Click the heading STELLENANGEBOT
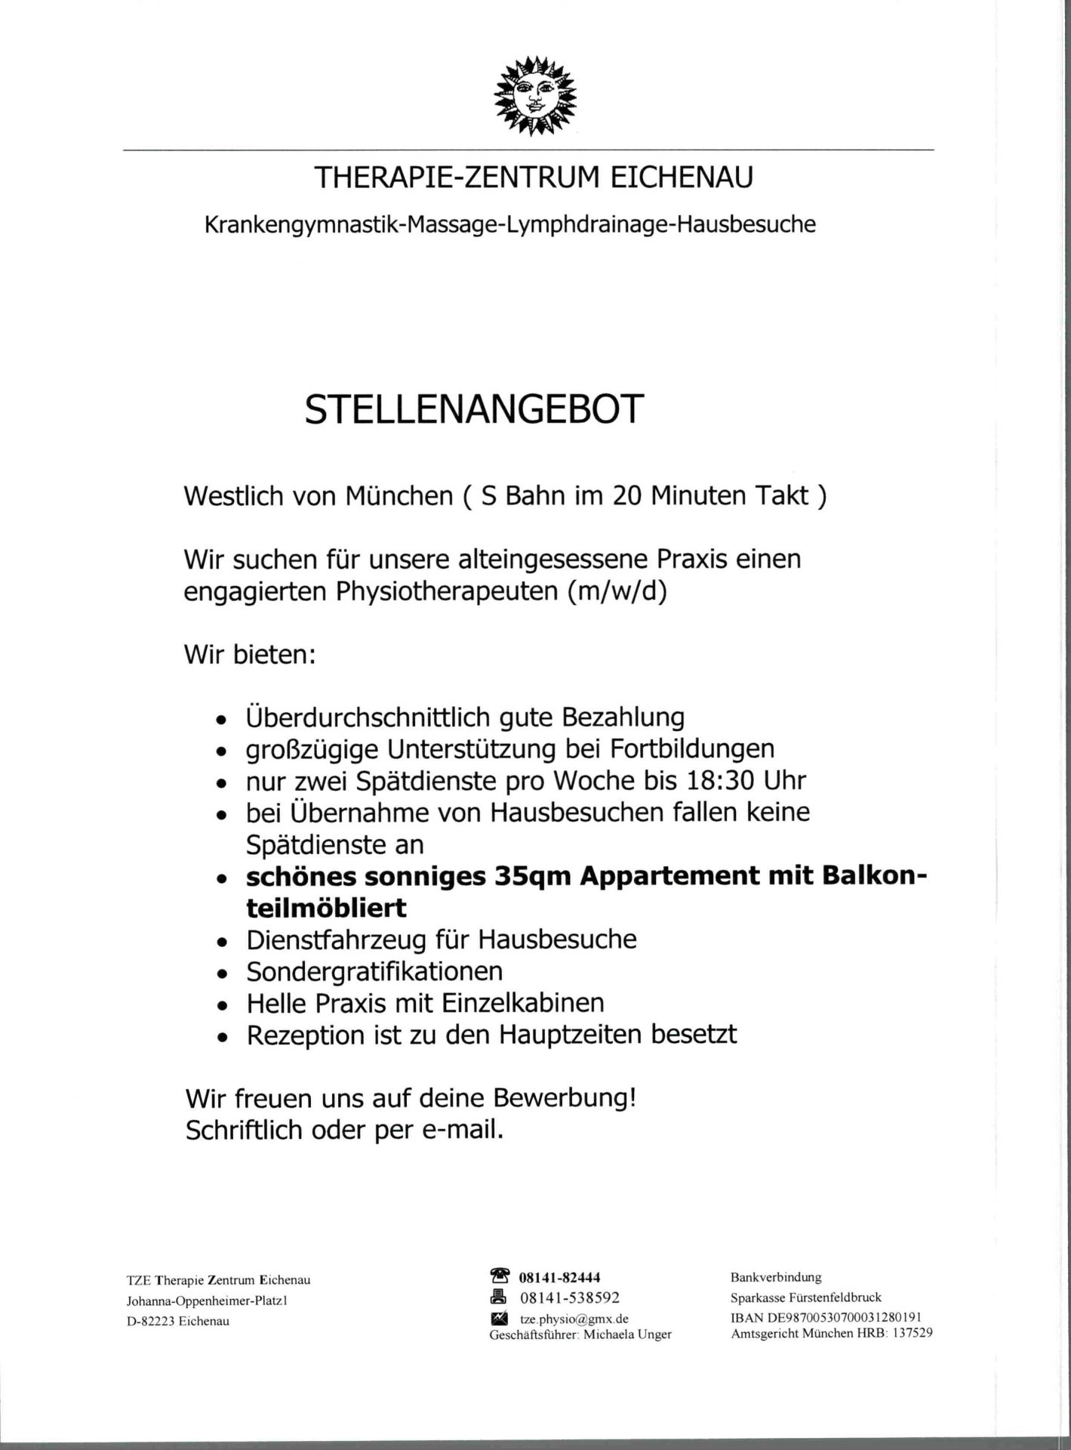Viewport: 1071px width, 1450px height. (475, 409)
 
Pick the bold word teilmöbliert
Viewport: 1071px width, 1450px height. (327, 907)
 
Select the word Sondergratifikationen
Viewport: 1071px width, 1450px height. (374, 971)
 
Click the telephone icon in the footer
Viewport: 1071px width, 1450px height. (500, 1276)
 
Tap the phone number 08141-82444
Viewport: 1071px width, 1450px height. (560, 1277)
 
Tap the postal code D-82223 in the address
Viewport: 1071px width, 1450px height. (150, 1321)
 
